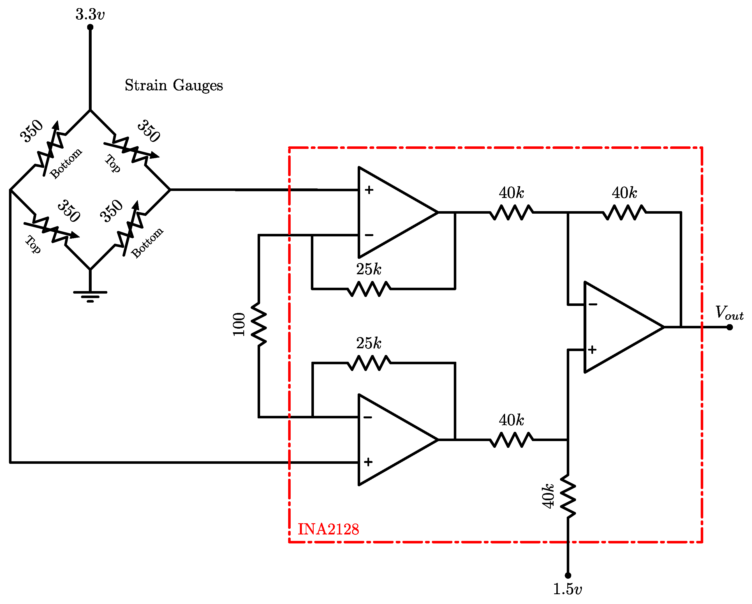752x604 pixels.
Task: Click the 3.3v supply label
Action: point(90,15)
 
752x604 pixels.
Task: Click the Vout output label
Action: point(729,312)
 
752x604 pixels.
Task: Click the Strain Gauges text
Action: point(174,85)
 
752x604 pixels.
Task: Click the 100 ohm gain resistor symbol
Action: point(259,324)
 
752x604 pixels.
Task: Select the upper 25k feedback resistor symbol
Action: point(369,289)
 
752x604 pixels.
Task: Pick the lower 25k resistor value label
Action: point(368,343)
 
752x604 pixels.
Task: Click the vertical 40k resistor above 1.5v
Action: point(568,496)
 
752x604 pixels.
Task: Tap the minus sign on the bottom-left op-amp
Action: point(368,417)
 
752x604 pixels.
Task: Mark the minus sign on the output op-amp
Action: point(593,305)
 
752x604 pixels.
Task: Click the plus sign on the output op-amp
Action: point(592,349)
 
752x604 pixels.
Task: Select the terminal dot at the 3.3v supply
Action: point(90,27)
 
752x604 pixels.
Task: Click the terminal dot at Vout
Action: point(729,327)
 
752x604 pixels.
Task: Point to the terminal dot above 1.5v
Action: point(568,575)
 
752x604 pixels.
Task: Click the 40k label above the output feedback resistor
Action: point(624,193)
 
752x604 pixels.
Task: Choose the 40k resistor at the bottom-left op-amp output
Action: point(511,440)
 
